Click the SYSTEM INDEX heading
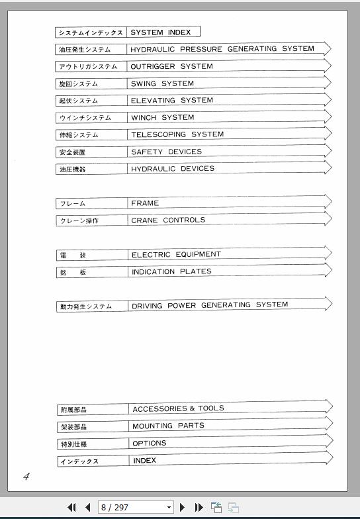160,32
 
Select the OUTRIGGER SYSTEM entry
171,66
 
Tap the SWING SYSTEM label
162,83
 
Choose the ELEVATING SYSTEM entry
172,101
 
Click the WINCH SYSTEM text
162,118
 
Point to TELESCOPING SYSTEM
177,134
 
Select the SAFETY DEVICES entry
166,152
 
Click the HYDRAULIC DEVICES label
173,169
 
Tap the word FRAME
145,203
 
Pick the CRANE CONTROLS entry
168,220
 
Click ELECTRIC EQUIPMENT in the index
176,254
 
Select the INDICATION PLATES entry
171,271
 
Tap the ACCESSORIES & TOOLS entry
178,408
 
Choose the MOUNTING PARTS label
168,426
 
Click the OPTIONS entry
149,444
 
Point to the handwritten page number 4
26,476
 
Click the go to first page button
71,507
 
